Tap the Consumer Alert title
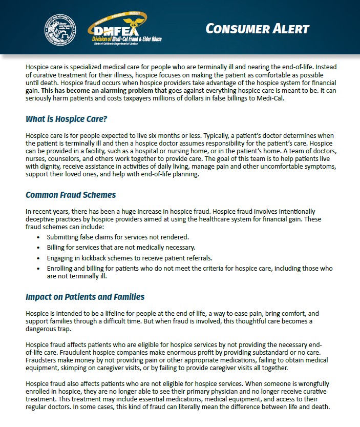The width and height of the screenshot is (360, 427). [x=258, y=28]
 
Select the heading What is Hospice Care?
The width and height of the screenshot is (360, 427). [x=66, y=119]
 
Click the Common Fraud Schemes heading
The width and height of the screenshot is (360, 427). [x=71, y=195]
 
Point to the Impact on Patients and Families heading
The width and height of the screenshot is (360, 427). [x=85, y=297]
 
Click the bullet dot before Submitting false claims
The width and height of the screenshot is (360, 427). [x=39, y=238]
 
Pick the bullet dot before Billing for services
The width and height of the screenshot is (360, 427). [x=39, y=248]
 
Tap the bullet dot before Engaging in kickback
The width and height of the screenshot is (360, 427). [x=39, y=258]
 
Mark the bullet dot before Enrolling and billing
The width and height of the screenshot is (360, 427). [x=39, y=269]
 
